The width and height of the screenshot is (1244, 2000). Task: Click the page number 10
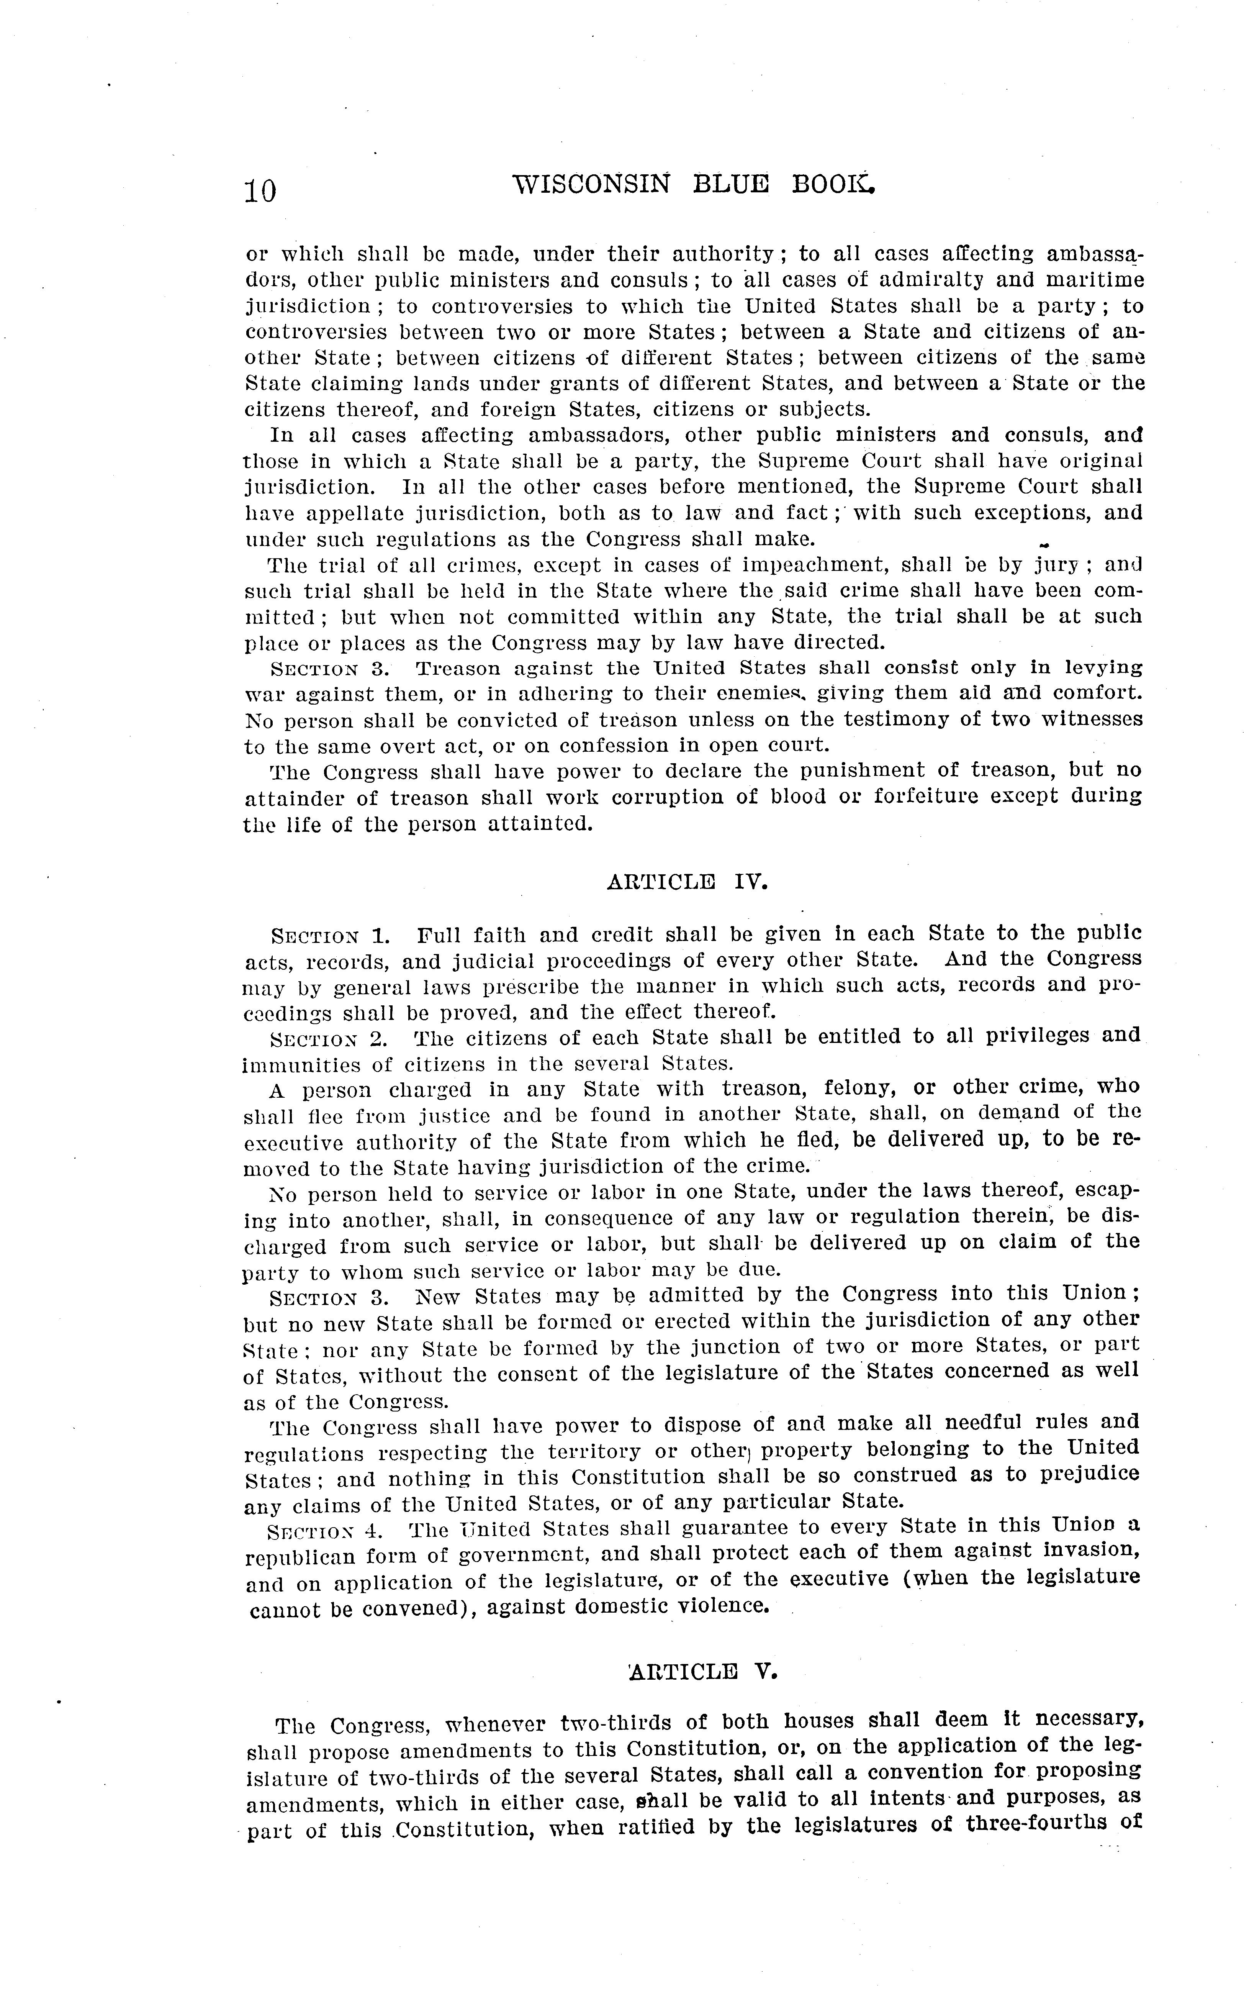[260, 191]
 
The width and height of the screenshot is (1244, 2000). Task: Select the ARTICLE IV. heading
[688, 882]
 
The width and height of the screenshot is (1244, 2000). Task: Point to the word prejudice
[1086, 1476]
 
